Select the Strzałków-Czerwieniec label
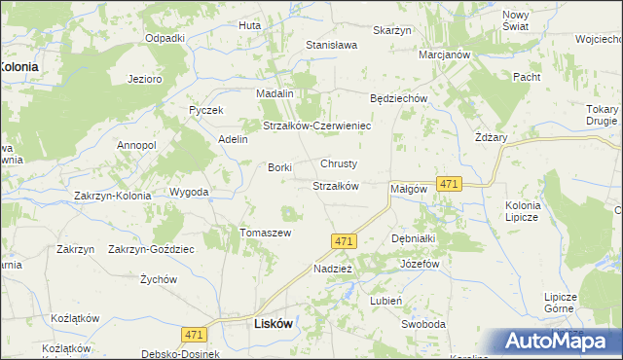(x=316, y=126)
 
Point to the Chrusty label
(x=340, y=163)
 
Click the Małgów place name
(x=409, y=189)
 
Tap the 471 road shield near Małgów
(x=449, y=184)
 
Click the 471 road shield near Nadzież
(x=342, y=240)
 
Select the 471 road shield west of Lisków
(x=193, y=334)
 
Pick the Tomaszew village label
(x=266, y=233)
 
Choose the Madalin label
(x=275, y=92)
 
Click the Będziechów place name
(x=400, y=99)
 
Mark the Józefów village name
(x=421, y=264)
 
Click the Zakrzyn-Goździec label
(x=151, y=249)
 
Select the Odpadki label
(x=165, y=38)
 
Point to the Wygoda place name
(x=189, y=192)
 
